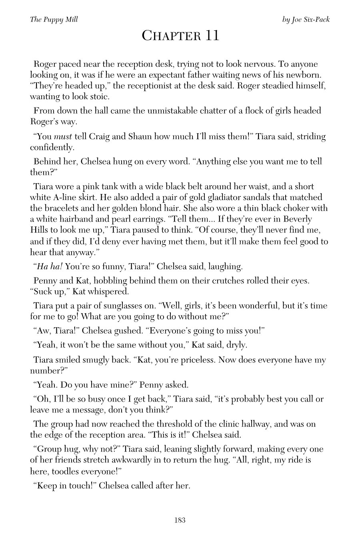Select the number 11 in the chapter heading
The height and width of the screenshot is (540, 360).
(x=212, y=36)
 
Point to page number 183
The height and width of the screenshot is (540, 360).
(x=180, y=520)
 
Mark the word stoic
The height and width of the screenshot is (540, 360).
(x=98, y=97)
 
